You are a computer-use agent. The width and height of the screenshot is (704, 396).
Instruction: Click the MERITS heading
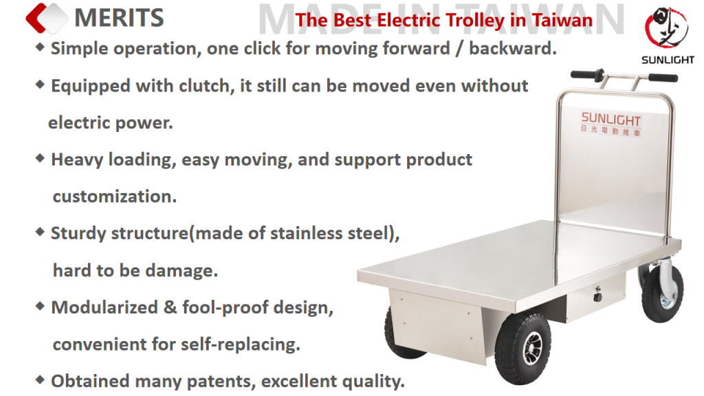point(119,18)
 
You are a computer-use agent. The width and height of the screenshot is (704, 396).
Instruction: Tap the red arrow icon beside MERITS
point(37,18)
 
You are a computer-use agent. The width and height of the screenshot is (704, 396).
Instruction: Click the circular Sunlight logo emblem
point(667,27)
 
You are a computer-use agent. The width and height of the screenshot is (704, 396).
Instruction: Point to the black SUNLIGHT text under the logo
point(668,60)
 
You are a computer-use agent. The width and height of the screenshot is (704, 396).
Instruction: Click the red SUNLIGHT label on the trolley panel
point(610,119)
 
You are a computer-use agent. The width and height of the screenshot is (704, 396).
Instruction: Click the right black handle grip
point(663,78)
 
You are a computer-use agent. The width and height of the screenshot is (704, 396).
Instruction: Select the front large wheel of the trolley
point(522,347)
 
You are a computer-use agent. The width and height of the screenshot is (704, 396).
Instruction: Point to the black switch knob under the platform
point(597,296)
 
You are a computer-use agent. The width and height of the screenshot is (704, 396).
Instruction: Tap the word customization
point(115,197)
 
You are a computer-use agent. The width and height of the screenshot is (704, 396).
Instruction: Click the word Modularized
point(104,307)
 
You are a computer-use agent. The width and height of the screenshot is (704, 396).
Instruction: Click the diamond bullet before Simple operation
point(40,47)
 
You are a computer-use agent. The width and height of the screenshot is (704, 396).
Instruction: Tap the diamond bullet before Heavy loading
point(40,158)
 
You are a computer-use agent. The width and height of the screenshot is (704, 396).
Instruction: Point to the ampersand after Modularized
point(170,307)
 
